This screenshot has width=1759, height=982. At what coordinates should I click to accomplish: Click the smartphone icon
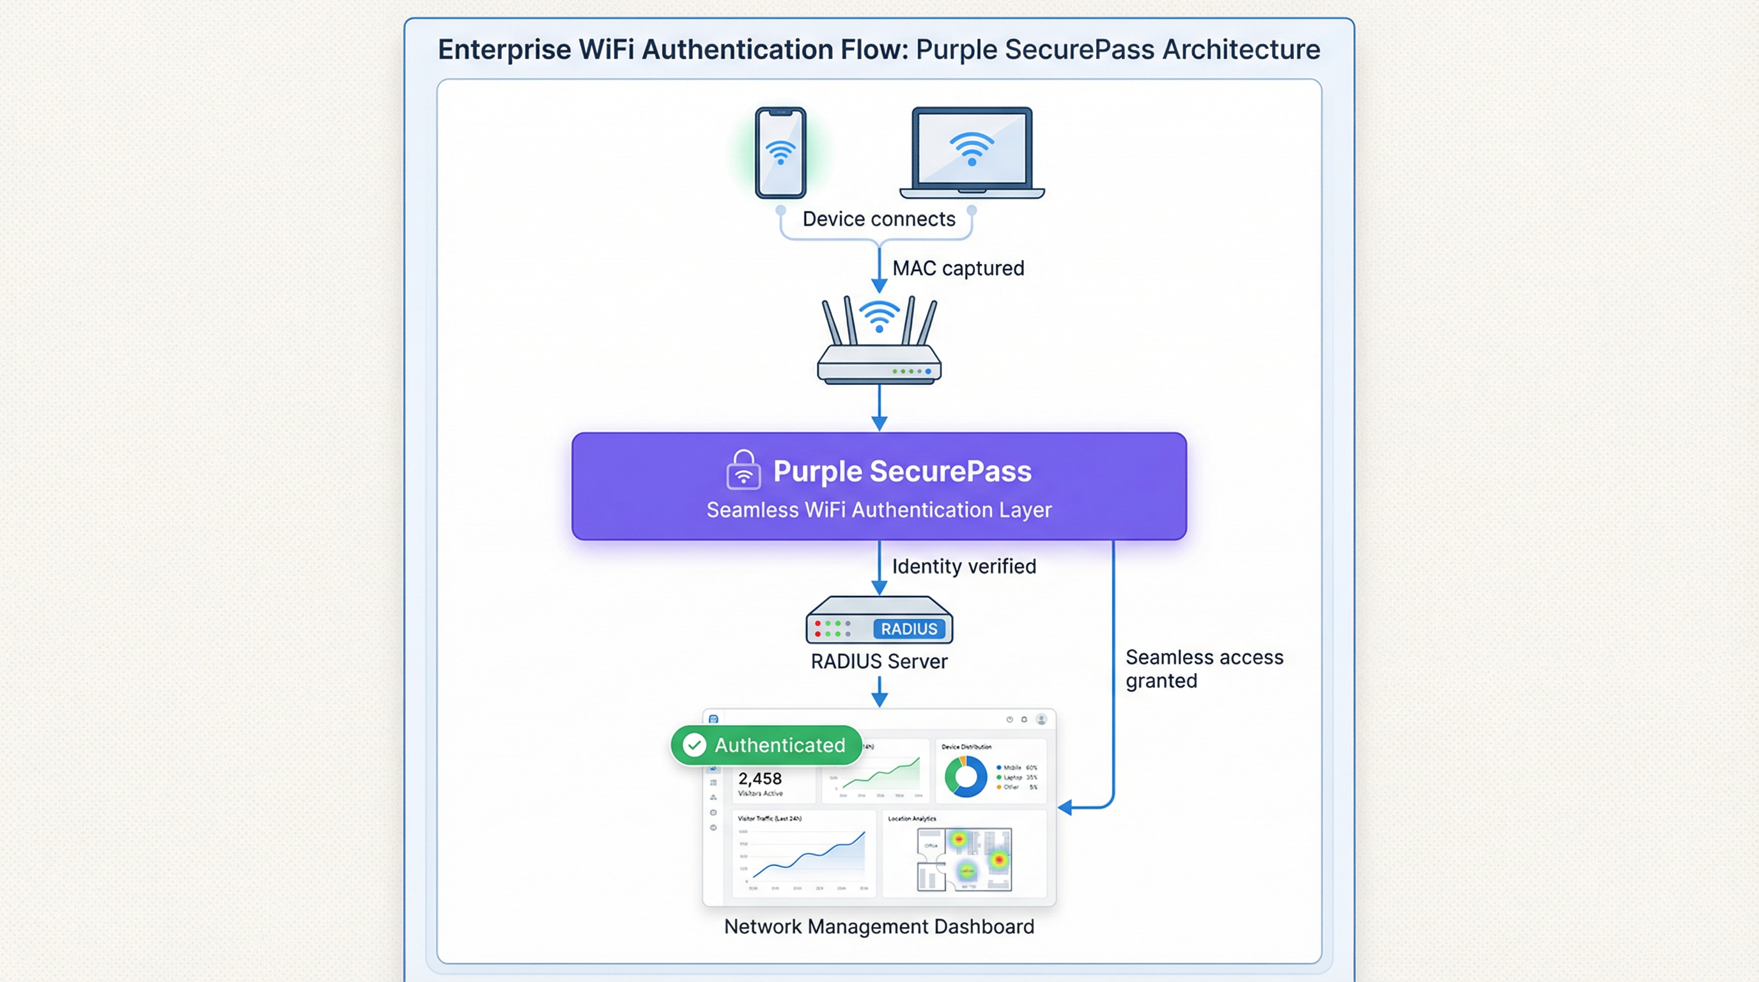click(780, 152)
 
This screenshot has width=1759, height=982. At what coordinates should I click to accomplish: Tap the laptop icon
click(972, 152)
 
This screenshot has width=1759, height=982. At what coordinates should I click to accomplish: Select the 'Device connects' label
click(878, 219)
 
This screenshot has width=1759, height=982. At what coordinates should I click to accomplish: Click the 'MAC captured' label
click(957, 269)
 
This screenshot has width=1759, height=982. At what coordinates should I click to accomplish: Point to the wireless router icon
click(879, 341)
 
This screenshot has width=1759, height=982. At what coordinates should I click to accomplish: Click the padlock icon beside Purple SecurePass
click(743, 470)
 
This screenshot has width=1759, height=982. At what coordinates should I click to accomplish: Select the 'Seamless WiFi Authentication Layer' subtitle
click(879, 510)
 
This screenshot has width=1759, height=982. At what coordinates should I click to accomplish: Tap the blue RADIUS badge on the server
click(909, 628)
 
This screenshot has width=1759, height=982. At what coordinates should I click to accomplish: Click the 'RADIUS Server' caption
click(879, 661)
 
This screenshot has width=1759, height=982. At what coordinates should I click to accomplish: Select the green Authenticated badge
click(766, 744)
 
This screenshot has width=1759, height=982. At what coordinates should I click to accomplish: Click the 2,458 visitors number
click(759, 778)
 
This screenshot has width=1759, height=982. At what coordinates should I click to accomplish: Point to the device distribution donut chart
click(966, 776)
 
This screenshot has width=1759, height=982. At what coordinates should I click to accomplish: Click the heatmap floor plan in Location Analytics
click(964, 859)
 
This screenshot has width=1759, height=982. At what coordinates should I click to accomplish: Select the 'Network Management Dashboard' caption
click(879, 926)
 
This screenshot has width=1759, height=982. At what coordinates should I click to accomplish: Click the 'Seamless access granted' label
click(1203, 669)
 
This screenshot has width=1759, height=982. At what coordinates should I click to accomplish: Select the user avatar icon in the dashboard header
click(1041, 719)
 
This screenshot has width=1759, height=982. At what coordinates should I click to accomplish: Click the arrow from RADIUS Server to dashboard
click(879, 691)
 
